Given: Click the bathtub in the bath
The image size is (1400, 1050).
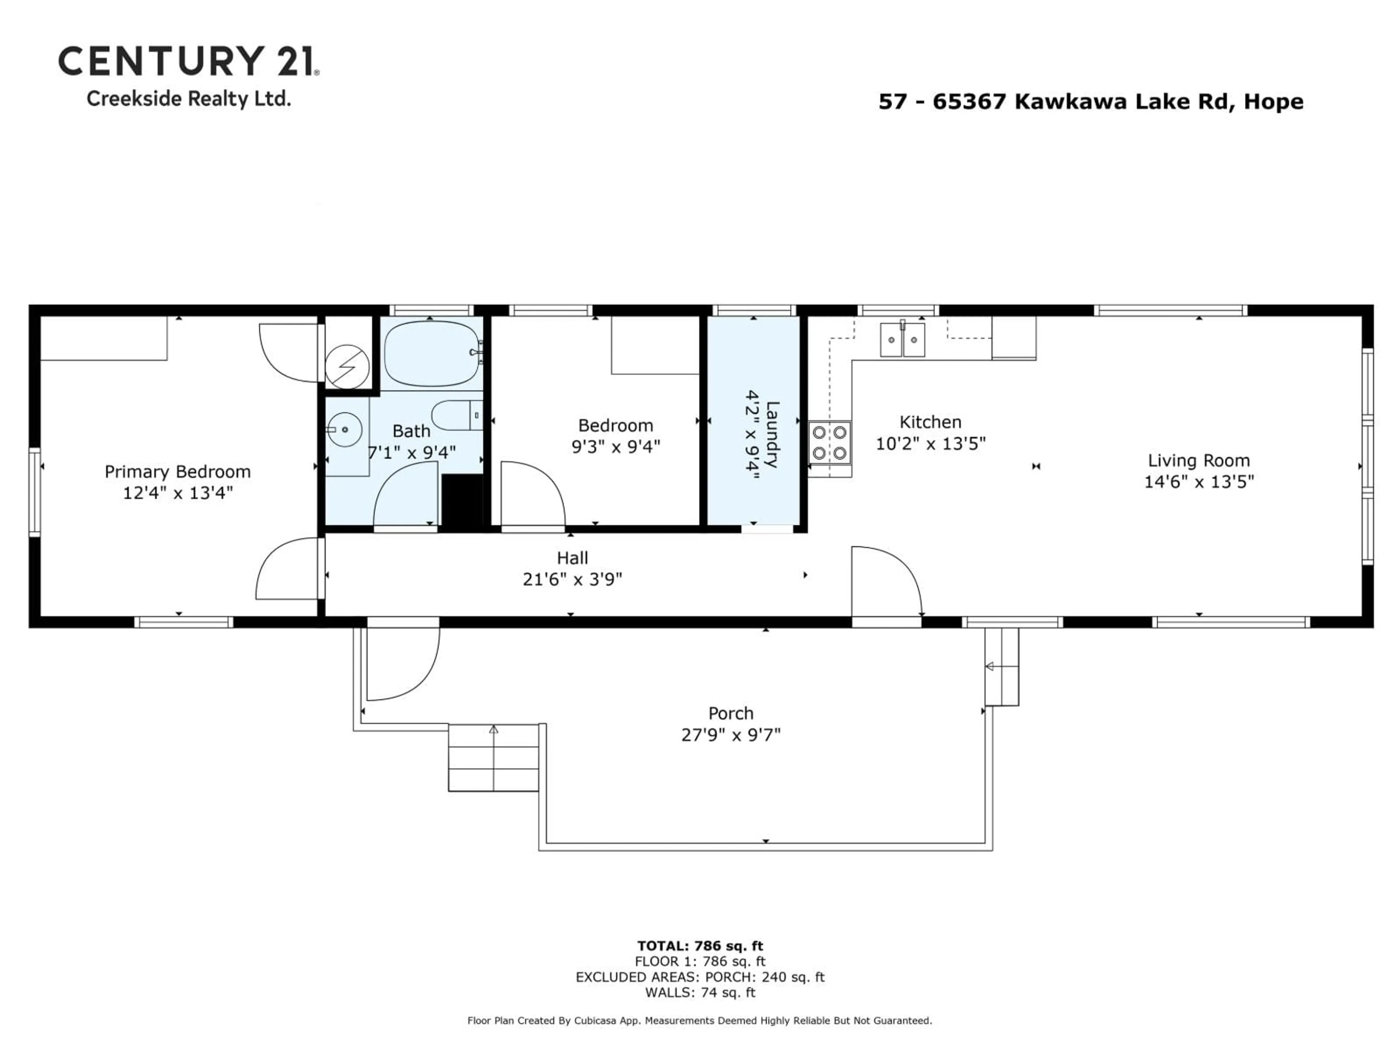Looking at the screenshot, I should coord(432,353).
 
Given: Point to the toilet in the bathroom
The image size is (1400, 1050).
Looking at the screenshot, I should coord(456,415).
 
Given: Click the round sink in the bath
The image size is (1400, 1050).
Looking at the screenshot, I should coord(345,430).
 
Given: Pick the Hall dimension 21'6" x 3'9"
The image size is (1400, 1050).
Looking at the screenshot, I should coord(572,579).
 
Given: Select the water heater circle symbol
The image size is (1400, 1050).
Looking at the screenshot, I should coord(347,366).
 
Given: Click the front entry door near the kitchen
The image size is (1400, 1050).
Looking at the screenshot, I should coord(885,581).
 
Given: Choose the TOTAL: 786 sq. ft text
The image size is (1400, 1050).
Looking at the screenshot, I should coord(700,946).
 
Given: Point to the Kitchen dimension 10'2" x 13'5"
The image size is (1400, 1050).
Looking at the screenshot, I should coord(930,444).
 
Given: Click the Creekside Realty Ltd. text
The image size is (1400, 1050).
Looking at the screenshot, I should coord(188,99).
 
